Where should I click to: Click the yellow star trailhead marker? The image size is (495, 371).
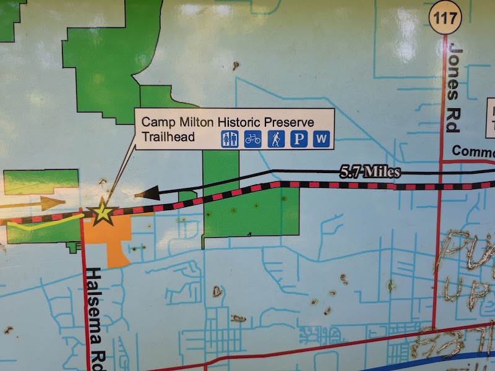point(103,213)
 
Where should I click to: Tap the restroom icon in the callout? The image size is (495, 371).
point(230,139)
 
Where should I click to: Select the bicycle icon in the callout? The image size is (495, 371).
point(252,139)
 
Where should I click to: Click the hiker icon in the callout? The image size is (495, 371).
point(276,139)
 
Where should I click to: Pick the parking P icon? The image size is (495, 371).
point(299,139)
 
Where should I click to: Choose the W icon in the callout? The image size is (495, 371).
point(321,139)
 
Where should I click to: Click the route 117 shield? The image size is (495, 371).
point(446,17)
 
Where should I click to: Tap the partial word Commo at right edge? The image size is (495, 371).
point(473,151)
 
